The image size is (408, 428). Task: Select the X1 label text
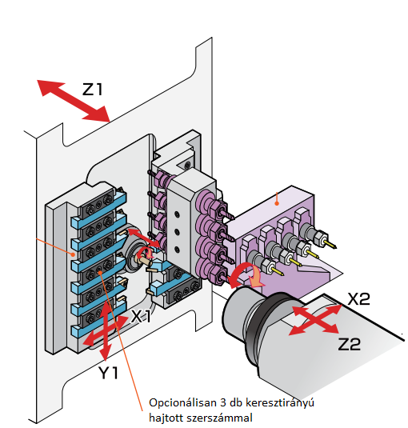[x=142, y=316]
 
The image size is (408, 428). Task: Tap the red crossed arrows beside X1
[x=104, y=329]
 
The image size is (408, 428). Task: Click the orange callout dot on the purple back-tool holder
[x=276, y=193]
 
